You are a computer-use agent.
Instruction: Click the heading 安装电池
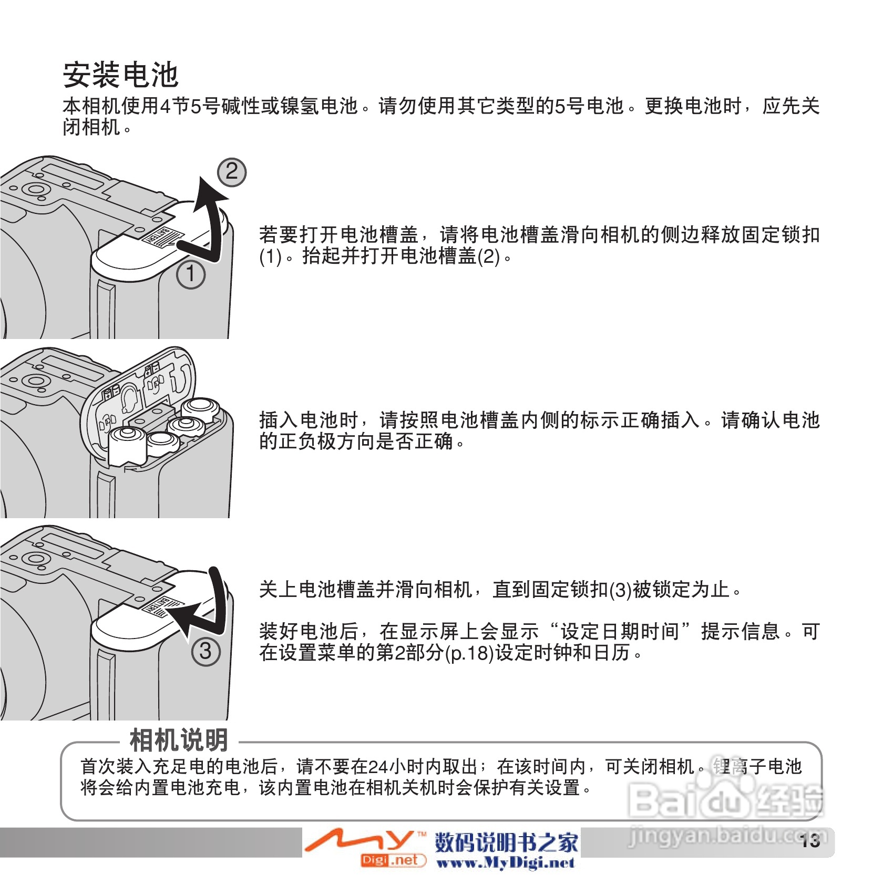click(121, 75)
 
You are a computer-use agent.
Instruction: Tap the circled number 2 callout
click(232, 172)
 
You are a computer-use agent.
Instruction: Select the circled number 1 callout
click(190, 275)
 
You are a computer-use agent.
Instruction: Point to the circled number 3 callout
click(206, 652)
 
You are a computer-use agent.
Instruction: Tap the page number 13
click(810, 841)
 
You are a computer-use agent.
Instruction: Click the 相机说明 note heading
click(179, 740)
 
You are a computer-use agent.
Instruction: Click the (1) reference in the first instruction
click(270, 256)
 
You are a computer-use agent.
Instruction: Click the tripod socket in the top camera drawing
click(35, 190)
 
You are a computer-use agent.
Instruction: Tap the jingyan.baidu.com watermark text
click(728, 836)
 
